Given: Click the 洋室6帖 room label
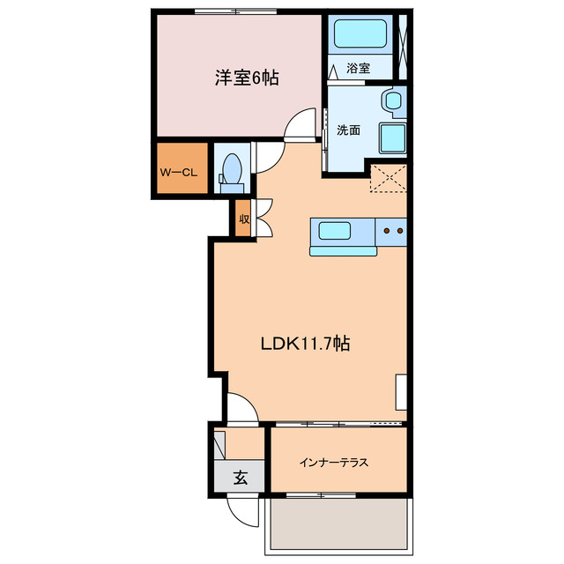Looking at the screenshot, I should click(x=247, y=78).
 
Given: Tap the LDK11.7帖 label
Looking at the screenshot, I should click(x=305, y=345).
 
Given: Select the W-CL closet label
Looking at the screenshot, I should click(x=177, y=172).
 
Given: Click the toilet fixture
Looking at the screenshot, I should click(x=232, y=169).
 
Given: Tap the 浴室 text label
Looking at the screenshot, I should click(x=358, y=68).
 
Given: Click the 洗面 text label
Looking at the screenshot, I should click(x=348, y=130).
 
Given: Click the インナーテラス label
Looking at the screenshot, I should click(x=333, y=463).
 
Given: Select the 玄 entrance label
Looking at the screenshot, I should click(x=239, y=479).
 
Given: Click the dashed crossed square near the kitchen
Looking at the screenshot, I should click(x=390, y=180).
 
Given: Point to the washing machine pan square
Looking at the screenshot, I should click(x=391, y=138).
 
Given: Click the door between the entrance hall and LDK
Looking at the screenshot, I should click(x=241, y=408).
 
